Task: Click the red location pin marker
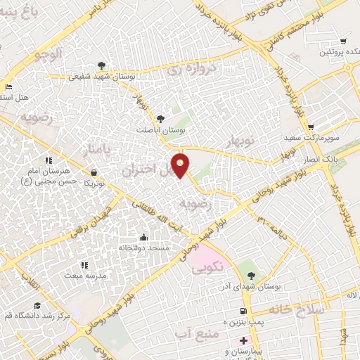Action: coord(181,165)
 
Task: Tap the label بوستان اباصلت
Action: coord(161,130)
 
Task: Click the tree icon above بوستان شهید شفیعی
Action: coord(103,67)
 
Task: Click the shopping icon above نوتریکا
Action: coord(94,172)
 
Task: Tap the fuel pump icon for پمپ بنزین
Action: coord(243,310)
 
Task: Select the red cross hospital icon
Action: coord(243,340)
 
